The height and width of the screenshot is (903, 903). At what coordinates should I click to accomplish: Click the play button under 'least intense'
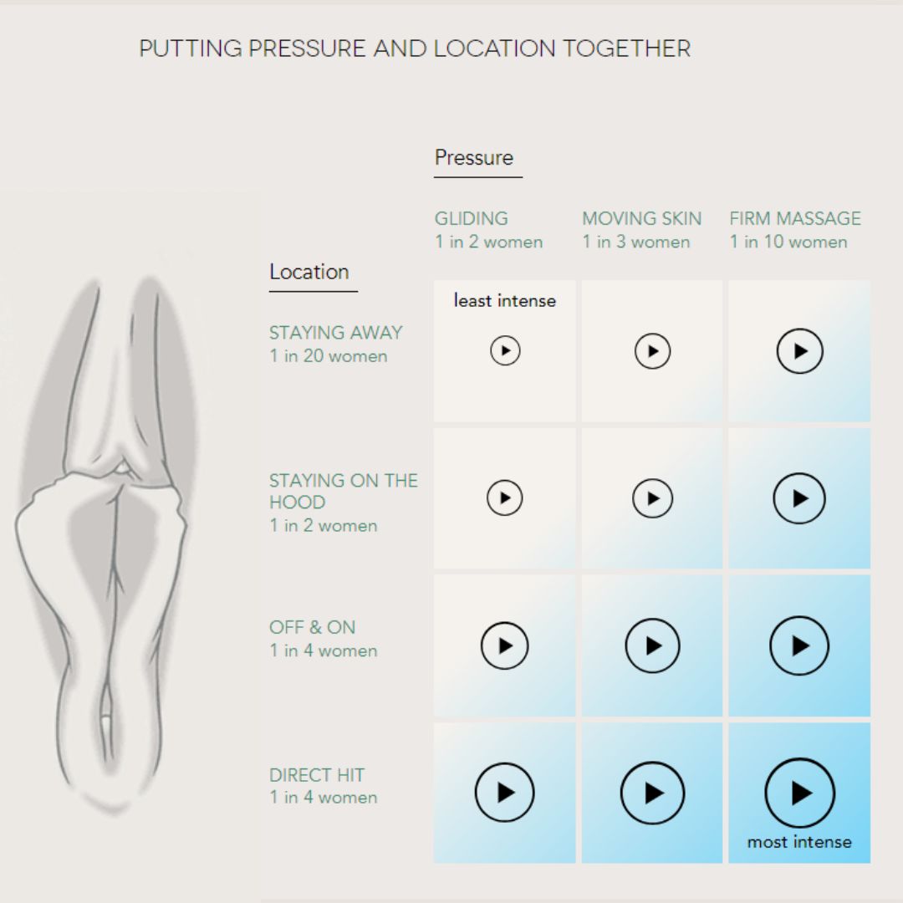pos(505,350)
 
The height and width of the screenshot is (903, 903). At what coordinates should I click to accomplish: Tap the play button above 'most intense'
pos(800,793)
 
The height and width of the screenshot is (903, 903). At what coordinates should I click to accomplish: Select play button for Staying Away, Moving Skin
pos(652,350)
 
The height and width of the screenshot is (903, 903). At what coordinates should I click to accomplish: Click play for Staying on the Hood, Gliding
pos(504,497)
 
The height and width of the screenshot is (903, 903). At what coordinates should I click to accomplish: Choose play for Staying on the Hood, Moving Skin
pos(652,498)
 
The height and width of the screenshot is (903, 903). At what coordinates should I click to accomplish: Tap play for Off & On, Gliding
pos(504,645)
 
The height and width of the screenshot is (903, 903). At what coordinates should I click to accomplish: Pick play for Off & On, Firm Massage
pos(799,645)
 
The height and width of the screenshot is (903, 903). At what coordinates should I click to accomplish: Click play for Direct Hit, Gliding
pos(504,793)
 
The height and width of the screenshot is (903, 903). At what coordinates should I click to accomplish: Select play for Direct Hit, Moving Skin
pos(652,793)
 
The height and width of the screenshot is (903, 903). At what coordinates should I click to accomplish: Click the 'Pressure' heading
pos(474,157)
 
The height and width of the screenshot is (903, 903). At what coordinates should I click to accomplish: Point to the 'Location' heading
pos(309,271)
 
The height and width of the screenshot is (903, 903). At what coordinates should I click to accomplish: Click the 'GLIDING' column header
pos(471,218)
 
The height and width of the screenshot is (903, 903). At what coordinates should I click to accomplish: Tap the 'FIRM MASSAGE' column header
pos(795,218)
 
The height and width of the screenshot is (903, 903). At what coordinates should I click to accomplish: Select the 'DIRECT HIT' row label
pos(317,774)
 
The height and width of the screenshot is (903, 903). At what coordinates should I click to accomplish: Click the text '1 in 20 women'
pos(329,356)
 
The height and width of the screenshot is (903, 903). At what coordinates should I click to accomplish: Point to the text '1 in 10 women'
pos(788,242)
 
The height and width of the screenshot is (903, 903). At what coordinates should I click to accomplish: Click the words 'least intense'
pos(504,300)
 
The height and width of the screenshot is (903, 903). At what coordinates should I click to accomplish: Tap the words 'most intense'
pos(799,842)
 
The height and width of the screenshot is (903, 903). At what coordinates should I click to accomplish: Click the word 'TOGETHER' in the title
pos(626,48)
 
